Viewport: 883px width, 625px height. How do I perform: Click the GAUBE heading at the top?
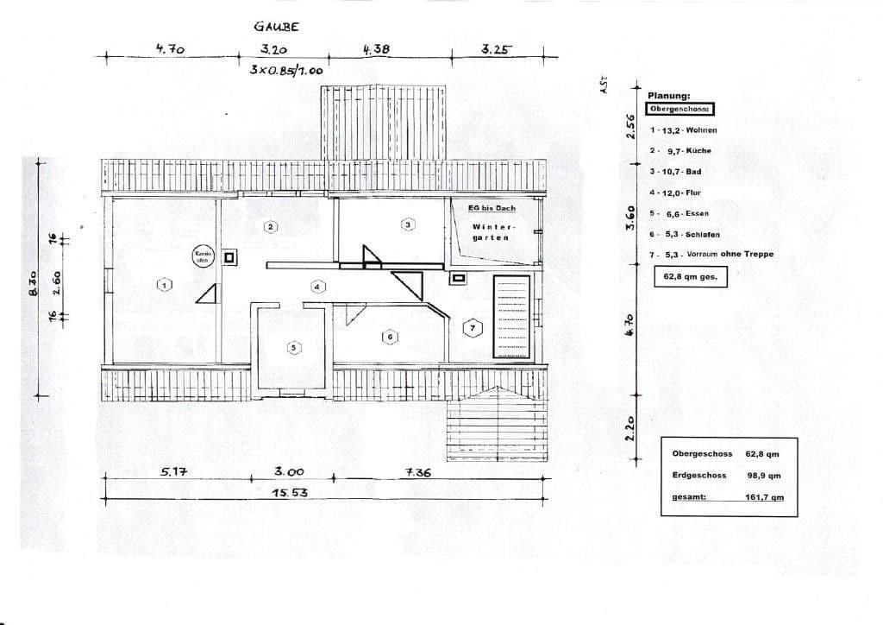[276, 28]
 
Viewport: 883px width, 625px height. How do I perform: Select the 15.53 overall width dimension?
[290, 492]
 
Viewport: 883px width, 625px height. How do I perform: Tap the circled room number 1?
[164, 284]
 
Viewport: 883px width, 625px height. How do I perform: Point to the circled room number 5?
[293, 347]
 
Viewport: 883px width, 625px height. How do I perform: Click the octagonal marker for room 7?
[472, 328]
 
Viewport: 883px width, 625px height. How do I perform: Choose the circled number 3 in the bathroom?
[408, 224]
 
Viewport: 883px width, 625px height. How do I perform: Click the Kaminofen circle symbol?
[203, 256]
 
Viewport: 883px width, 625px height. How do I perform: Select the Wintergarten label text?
[490, 232]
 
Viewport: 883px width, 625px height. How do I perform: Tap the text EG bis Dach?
[492, 209]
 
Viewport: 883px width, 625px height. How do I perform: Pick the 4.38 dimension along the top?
[376, 51]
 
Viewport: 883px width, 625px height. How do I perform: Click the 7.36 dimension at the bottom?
[417, 473]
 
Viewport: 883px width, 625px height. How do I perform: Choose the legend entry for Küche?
[681, 151]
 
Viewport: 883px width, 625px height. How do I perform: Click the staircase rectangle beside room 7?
[510, 316]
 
